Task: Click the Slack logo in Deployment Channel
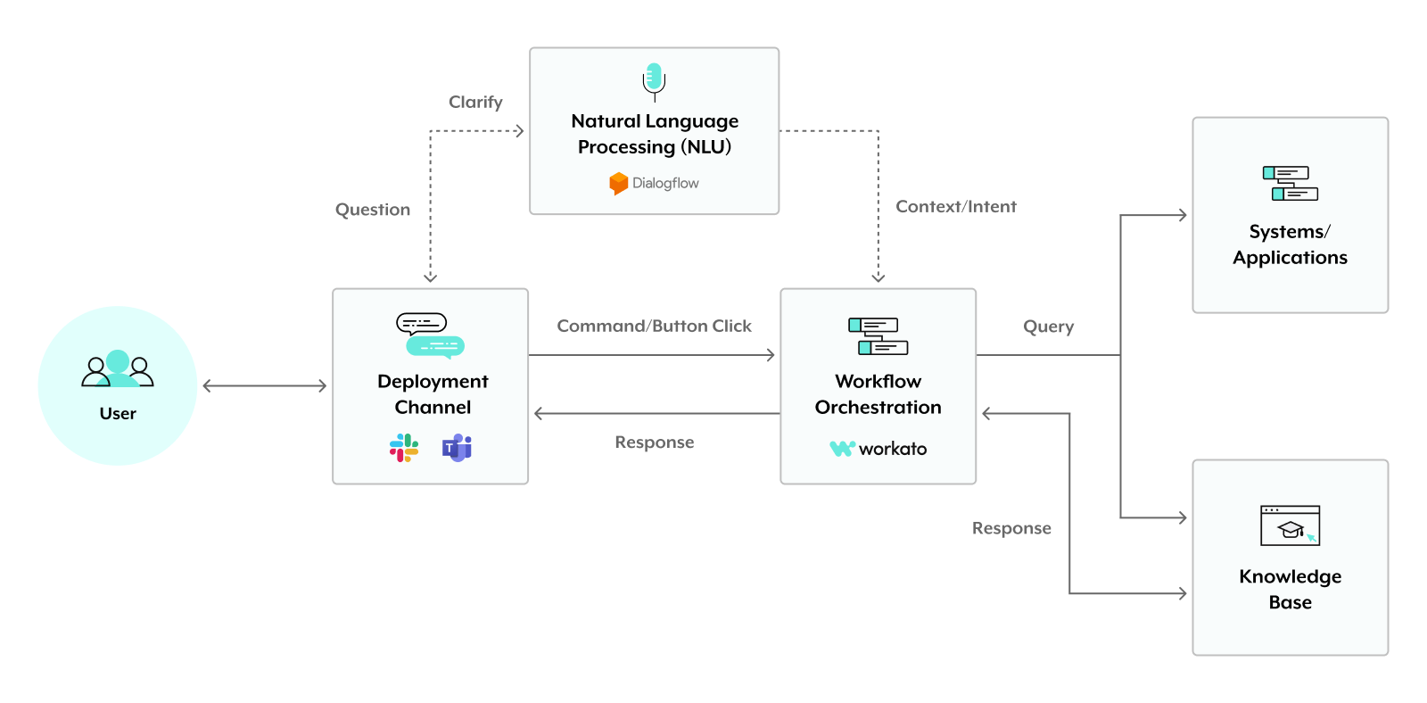click(x=404, y=447)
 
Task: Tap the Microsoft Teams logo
click(x=457, y=447)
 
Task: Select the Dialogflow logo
click(x=619, y=183)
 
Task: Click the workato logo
click(x=878, y=448)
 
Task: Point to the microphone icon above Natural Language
click(x=654, y=80)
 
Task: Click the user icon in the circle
click(x=118, y=368)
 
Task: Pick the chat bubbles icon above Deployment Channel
click(x=431, y=335)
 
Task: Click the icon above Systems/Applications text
click(x=1290, y=183)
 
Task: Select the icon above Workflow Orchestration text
click(x=878, y=335)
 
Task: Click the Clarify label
click(x=475, y=103)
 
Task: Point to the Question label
click(x=373, y=210)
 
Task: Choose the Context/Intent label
click(x=955, y=207)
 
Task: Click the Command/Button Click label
click(x=654, y=327)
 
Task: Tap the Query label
click(x=1048, y=327)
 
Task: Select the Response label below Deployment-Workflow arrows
click(x=654, y=442)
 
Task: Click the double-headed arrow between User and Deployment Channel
click(x=265, y=385)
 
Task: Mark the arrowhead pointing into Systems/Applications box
click(x=1182, y=215)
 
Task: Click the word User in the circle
click(x=118, y=414)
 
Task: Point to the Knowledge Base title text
click(x=1290, y=589)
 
